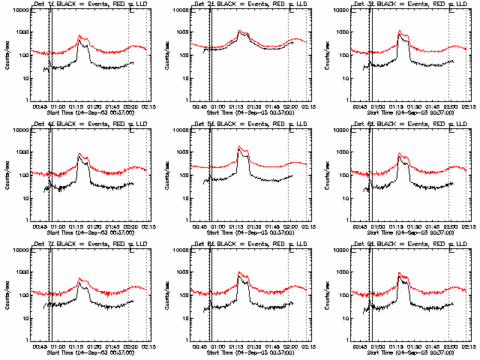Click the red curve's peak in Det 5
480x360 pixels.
click(x=240, y=146)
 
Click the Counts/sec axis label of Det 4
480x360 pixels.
click(x=6, y=175)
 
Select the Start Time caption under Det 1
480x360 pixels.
click(x=90, y=112)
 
